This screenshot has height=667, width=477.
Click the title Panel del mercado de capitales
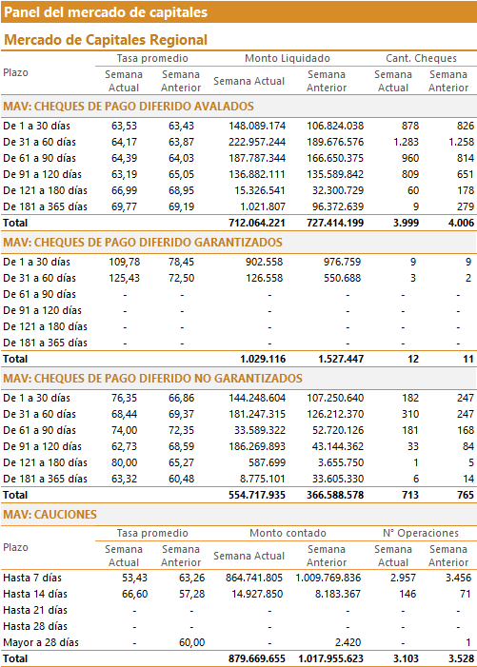tap(106, 12)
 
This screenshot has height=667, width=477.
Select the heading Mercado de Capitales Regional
tap(106, 40)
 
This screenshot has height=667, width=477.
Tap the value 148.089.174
tap(257, 126)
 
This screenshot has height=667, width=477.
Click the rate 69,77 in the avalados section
tap(125, 206)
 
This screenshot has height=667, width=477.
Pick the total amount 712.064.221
tap(257, 223)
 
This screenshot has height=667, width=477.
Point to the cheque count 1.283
tap(406, 142)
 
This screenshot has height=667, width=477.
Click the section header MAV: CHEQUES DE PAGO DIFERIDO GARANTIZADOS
tap(143, 243)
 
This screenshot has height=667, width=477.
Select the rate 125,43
tap(125, 278)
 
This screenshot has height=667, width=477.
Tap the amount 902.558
tap(264, 262)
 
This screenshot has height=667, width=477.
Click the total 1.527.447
tap(341, 359)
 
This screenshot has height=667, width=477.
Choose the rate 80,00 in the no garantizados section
tap(125, 462)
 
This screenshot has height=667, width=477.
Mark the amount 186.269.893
tap(257, 446)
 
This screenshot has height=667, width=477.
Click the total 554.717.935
tap(257, 495)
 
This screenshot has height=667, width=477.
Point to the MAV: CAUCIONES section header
tap(50, 515)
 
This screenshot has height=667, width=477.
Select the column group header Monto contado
tap(288, 533)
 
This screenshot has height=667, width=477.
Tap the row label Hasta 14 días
tap(35, 594)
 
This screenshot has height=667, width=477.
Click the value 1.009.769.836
tap(328, 578)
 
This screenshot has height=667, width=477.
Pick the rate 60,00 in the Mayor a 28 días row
tap(192, 642)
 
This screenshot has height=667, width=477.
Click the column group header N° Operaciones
tap(421, 533)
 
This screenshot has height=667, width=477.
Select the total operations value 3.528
tap(461, 659)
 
